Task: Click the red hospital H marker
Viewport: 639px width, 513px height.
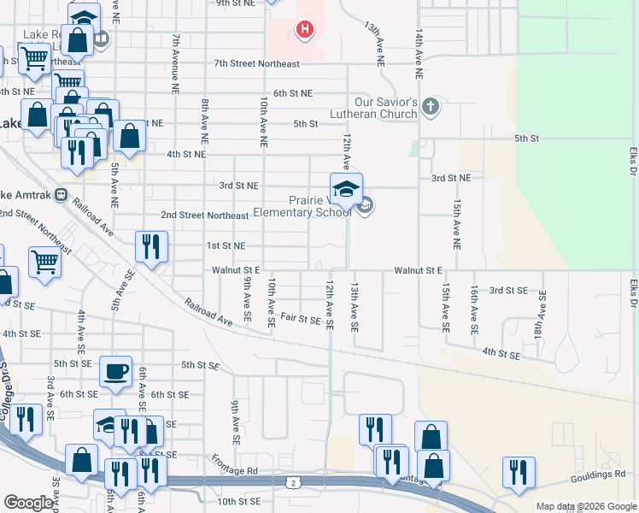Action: (x=304, y=31)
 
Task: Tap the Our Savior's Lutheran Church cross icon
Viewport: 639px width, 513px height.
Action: (x=431, y=107)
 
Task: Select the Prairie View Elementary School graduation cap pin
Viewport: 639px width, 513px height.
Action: (x=346, y=190)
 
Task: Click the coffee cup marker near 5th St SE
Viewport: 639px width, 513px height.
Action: (x=115, y=372)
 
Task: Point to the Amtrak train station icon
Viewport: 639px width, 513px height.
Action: (x=62, y=194)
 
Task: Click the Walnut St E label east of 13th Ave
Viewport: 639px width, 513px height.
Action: (x=419, y=270)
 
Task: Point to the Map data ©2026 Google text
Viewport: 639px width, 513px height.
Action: (x=587, y=506)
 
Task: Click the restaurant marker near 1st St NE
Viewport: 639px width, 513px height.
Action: (x=150, y=247)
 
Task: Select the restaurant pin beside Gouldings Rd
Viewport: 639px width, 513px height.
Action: (x=519, y=473)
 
